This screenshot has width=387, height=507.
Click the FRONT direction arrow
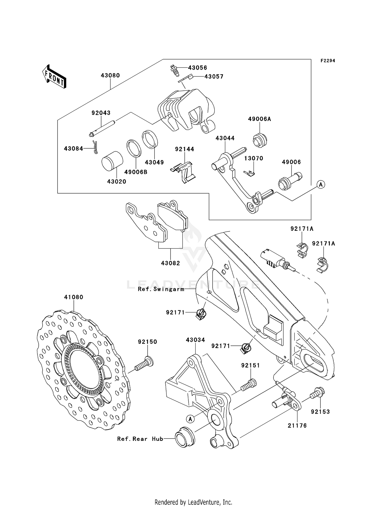point(54,77)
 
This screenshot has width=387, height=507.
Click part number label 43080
point(110,75)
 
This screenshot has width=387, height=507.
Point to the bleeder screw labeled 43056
point(174,70)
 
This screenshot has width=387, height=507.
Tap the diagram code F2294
point(328,61)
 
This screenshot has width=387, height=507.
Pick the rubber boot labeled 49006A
point(260,140)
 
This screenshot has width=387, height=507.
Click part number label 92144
point(184,149)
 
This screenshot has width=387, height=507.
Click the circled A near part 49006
point(321,185)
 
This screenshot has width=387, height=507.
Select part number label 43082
point(171,263)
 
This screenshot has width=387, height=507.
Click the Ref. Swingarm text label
point(161,289)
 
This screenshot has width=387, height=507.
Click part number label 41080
point(74,297)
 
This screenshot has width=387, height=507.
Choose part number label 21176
point(297,426)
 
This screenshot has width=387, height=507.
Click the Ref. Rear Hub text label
point(140,439)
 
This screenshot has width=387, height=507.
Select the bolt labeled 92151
point(248,385)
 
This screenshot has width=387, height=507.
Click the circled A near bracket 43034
point(190,419)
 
